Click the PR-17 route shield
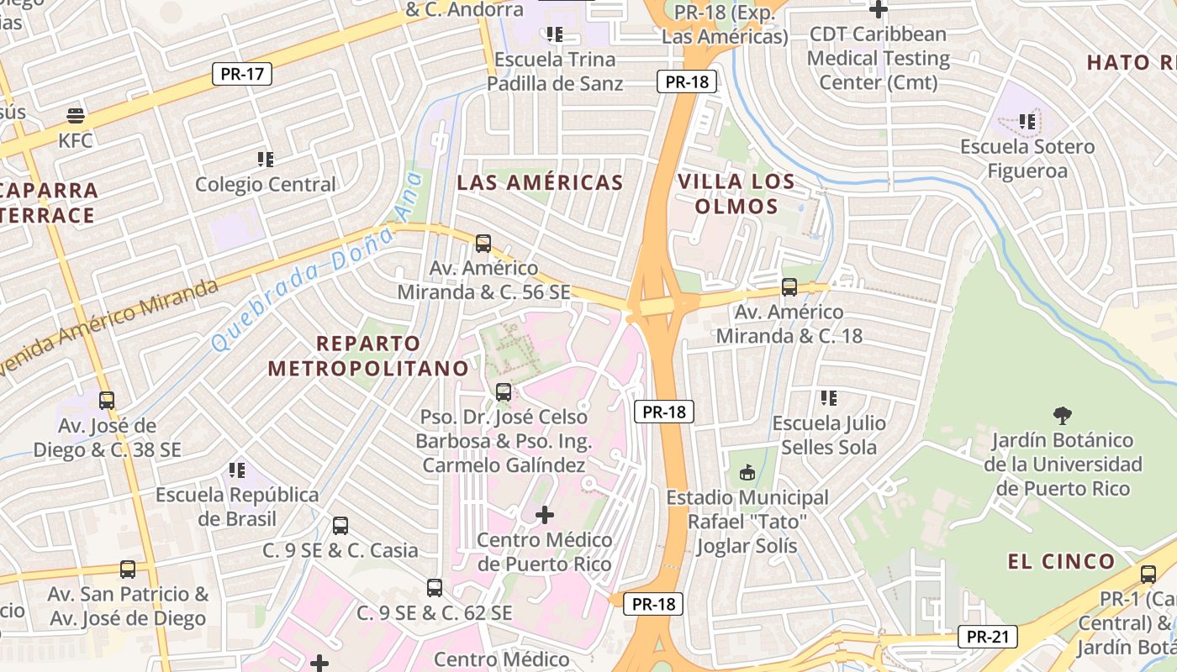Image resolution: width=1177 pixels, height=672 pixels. click(x=242, y=74)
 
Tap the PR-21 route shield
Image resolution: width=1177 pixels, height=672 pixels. click(x=987, y=637)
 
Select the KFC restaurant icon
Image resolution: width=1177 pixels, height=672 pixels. click(x=76, y=115)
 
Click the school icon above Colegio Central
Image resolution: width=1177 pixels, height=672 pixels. click(x=266, y=159)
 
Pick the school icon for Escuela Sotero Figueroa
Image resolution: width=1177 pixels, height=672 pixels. click(x=1027, y=122)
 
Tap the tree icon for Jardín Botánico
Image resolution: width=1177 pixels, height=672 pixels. click(x=1063, y=415)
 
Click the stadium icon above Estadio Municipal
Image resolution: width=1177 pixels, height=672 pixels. click(x=747, y=473)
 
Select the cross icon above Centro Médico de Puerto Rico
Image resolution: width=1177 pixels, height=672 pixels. click(x=545, y=514)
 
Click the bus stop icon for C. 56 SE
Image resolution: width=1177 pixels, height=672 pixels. click(x=483, y=244)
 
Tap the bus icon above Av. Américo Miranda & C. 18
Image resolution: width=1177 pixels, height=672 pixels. click(x=789, y=287)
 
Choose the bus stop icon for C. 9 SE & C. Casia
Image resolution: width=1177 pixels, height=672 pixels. click(x=340, y=526)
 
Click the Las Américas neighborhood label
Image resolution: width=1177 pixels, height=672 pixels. click(x=540, y=182)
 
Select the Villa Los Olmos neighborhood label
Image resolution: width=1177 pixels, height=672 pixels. click(x=736, y=194)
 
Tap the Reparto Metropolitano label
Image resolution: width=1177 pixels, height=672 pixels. click(x=368, y=355)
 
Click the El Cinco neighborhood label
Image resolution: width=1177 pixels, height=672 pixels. click(x=1062, y=561)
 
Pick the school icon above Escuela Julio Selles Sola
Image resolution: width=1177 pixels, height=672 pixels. click(x=829, y=397)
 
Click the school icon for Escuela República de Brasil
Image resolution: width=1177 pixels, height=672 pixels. click(x=237, y=470)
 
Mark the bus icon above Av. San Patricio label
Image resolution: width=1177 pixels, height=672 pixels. click(x=128, y=570)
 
